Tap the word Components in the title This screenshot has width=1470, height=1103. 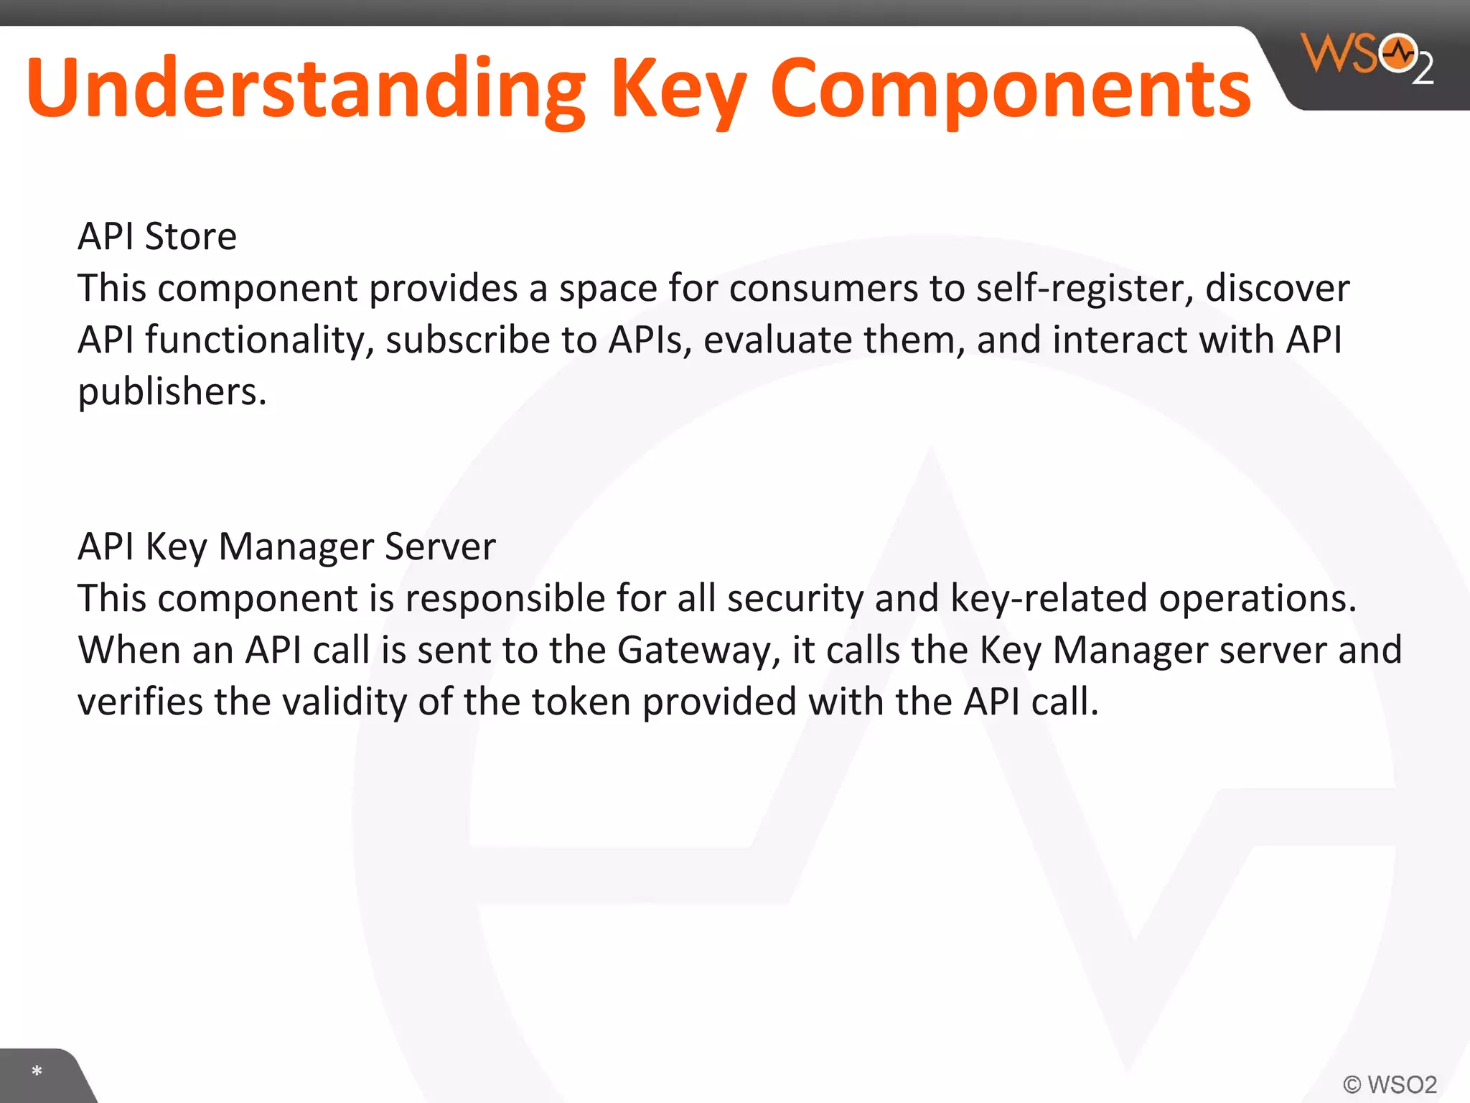1011,89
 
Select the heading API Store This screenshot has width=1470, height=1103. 157,236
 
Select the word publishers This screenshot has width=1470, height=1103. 172,392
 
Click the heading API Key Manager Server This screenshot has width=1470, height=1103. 286,546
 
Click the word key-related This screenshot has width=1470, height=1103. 1049,599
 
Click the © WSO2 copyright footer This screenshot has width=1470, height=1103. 1390,1084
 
